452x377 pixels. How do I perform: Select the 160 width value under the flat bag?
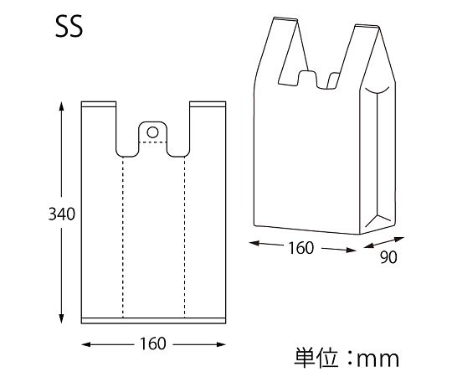[153, 344]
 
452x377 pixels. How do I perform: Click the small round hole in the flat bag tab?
[152, 132]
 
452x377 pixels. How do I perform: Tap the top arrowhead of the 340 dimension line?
[61, 106]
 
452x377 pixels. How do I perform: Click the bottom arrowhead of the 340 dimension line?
[61, 321]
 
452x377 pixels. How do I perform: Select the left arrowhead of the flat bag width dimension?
[85, 344]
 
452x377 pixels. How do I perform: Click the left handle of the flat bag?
[98, 126]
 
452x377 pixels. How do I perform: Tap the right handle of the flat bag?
[208, 126]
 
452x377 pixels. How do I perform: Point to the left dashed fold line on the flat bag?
[123, 235]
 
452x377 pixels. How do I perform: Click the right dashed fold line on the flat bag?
[185, 235]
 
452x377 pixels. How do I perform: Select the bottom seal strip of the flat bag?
[153, 319]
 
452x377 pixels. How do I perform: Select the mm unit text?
[378, 360]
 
